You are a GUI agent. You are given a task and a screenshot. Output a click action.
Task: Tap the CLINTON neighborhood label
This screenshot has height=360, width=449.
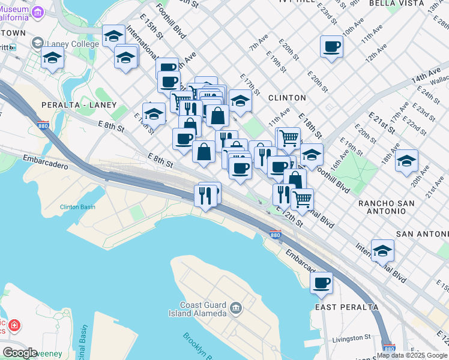287,97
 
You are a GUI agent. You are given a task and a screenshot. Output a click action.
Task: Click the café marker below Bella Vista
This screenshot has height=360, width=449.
331,47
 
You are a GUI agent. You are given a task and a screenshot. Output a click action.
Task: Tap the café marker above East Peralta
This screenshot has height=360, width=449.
321,282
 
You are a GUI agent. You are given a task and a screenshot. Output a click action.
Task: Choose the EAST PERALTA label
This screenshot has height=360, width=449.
347,307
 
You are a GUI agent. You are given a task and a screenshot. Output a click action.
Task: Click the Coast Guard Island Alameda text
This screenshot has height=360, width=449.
203,309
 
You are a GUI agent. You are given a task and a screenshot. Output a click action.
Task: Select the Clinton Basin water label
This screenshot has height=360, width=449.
77,207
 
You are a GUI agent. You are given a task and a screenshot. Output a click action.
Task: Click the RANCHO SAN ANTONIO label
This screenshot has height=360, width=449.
386,207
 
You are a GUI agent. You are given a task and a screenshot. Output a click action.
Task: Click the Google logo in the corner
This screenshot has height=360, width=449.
20,353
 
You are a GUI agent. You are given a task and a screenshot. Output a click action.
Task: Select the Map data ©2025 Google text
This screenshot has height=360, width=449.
412,355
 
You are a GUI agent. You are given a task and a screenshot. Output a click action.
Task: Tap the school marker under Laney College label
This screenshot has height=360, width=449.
53,59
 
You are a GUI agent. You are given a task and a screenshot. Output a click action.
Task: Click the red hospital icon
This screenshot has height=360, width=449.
13,326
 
